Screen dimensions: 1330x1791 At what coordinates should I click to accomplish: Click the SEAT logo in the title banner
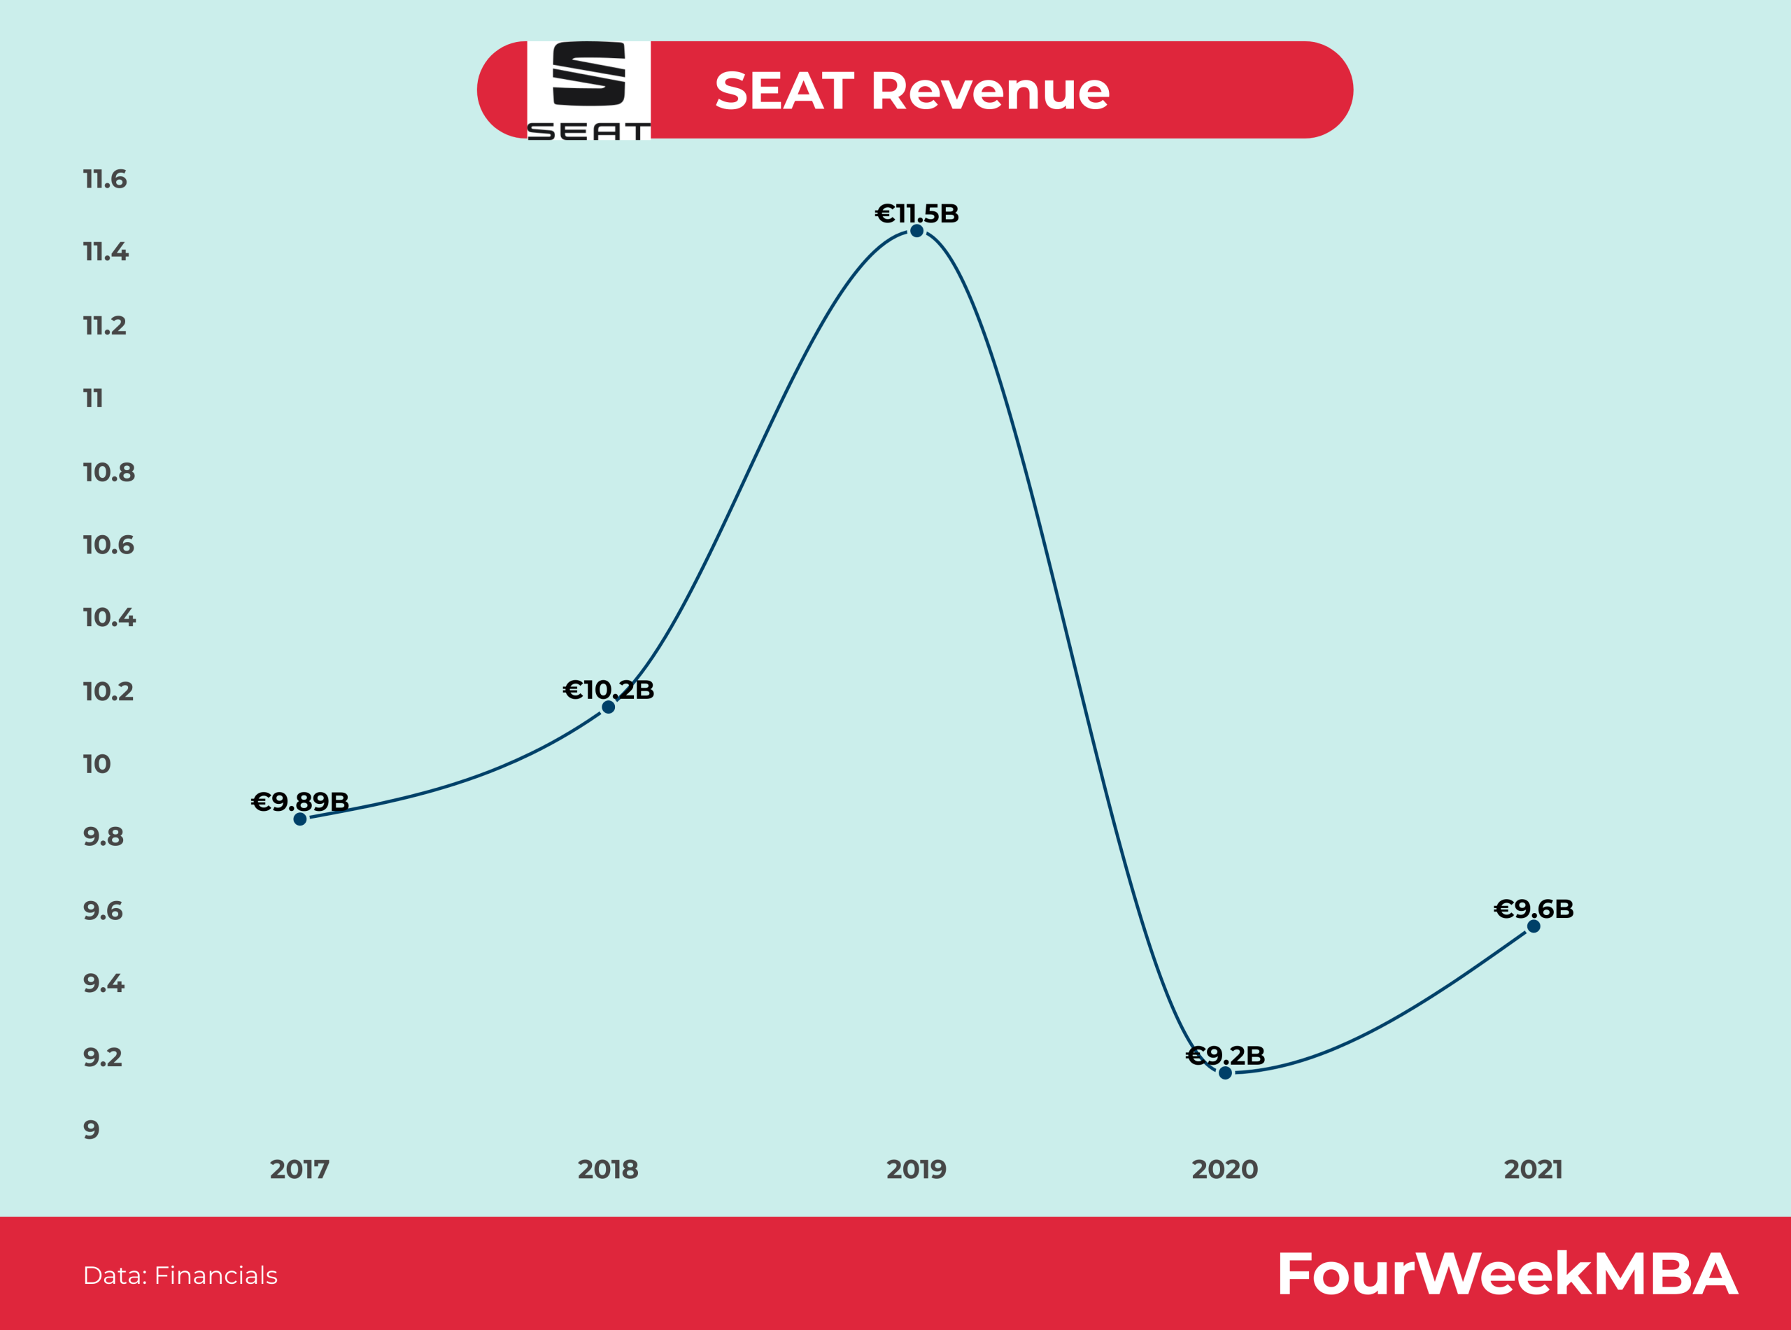(588, 90)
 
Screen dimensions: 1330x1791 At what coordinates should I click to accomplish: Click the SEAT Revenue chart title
(912, 90)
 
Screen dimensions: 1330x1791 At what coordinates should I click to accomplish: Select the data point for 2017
(300, 819)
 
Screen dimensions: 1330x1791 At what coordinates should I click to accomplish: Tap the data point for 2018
(609, 707)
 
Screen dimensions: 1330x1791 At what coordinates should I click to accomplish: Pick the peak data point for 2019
(916, 231)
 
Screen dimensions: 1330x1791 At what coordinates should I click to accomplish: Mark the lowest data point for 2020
(1225, 1073)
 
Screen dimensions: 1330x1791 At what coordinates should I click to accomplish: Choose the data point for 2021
(1534, 926)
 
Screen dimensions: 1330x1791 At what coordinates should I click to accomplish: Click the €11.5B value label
(916, 213)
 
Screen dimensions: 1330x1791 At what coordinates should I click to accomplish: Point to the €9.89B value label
(299, 801)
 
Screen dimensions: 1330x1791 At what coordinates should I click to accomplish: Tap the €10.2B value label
(609, 690)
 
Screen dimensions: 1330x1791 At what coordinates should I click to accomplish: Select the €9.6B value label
(1534, 909)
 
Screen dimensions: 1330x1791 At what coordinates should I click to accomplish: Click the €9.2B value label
(1225, 1056)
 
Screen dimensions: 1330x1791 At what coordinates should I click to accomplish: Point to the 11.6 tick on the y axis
(105, 178)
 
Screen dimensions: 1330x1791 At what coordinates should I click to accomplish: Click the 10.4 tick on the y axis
(109, 618)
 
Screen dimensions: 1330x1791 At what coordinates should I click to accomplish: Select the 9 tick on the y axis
(92, 1129)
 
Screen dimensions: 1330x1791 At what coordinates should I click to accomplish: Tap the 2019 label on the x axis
(916, 1169)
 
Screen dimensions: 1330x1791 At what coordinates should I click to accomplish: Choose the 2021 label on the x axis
(1534, 1169)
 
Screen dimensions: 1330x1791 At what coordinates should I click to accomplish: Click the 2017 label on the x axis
(299, 1169)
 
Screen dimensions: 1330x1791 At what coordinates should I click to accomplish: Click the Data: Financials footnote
(180, 1275)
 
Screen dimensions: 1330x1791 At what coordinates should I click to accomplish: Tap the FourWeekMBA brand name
(1507, 1273)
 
